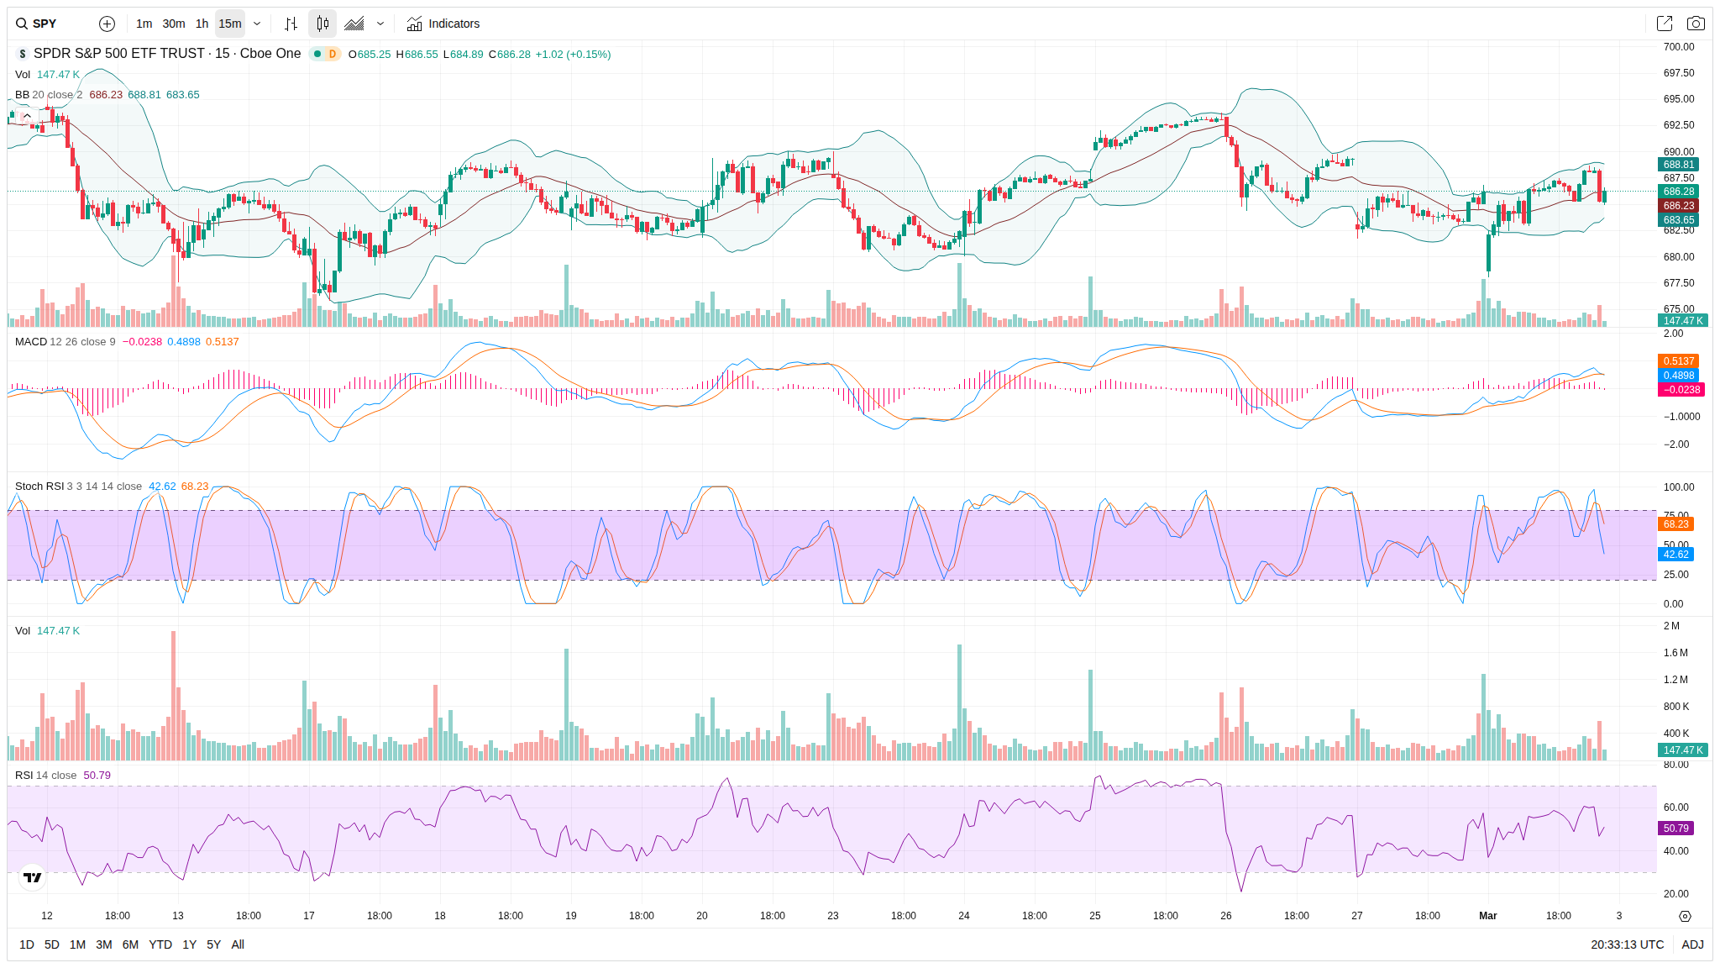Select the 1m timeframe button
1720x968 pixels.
tap(144, 24)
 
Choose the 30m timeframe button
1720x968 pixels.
tap(174, 24)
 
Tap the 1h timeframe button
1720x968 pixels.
tap(202, 24)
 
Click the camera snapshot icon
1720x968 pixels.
tap(1696, 24)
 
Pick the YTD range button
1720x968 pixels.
tap(160, 944)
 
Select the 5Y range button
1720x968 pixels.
tap(213, 944)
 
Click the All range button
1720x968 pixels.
tap(238, 944)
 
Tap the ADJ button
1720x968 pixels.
tap(1692, 944)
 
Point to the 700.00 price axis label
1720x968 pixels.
tap(1679, 47)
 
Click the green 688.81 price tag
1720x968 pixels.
tap(1679, 165)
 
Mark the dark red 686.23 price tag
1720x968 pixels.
tap(1679, 206)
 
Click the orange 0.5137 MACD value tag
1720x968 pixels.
tap(1679, 361)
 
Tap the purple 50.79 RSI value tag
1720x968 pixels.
tap(1675, 829)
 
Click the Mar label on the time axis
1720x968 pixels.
tap(1487, 916)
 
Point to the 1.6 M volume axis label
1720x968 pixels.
tap(1675, 653)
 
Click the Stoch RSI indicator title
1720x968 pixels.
tap(39, 487)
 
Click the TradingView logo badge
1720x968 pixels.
tap(33, 877)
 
